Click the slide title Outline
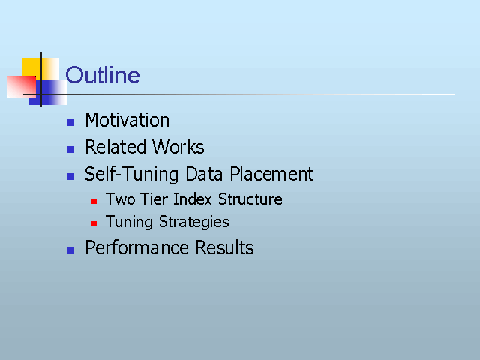click(x=103, y=75)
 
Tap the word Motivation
click(x=127, y=120)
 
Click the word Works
click(x=178, y=147)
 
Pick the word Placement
click(x=271, y=174)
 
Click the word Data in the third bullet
click(x=204, y=174)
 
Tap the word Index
click(x=193, y=199)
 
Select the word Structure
click(x=250, y=199)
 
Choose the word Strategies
click(x=193, y=222)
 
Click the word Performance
click(x=136, y=247)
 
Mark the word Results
click(x=224, y=247)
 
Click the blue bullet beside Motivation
click(x=70, y=123)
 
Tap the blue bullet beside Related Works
click(x=70, y=150)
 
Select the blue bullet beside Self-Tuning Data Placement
click(x=70, y=177)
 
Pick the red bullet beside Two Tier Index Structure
click(x=94, y=201)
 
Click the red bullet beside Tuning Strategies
click(x=94, y=223)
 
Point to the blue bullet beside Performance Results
click(x=70, y=250)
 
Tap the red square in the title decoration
click(x=22, y=87)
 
